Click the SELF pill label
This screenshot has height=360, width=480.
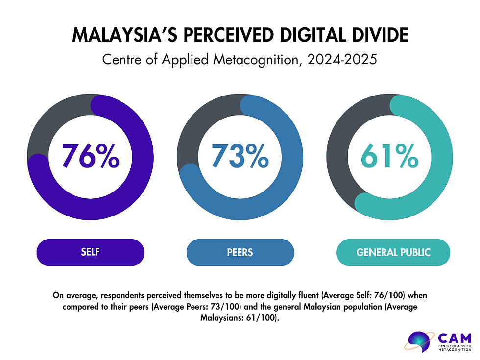(x=91, y=253)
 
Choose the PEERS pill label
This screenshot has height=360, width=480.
(x=240, y=253)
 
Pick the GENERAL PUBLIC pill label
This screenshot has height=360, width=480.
(x=393, y=253)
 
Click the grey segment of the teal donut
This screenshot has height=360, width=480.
(x=345, y=147)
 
